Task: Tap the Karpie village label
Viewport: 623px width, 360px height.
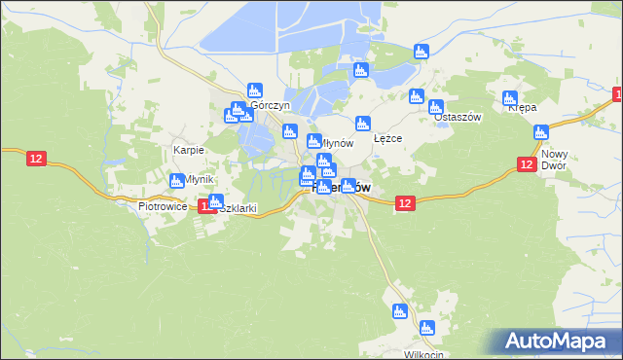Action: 188,150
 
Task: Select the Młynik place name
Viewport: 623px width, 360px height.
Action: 197,180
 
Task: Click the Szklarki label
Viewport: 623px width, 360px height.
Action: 237,208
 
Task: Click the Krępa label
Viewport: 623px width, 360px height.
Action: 523,108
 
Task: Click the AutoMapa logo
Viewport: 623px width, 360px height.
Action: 556,342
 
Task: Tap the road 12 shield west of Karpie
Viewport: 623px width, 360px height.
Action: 36,158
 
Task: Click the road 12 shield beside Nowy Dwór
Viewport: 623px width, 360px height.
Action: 526,165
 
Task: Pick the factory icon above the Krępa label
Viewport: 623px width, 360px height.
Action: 510,97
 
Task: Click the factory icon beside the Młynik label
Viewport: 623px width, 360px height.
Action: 176,180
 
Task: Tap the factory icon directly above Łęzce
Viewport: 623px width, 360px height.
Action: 362,123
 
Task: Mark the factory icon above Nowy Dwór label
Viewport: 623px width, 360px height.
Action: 542,131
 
